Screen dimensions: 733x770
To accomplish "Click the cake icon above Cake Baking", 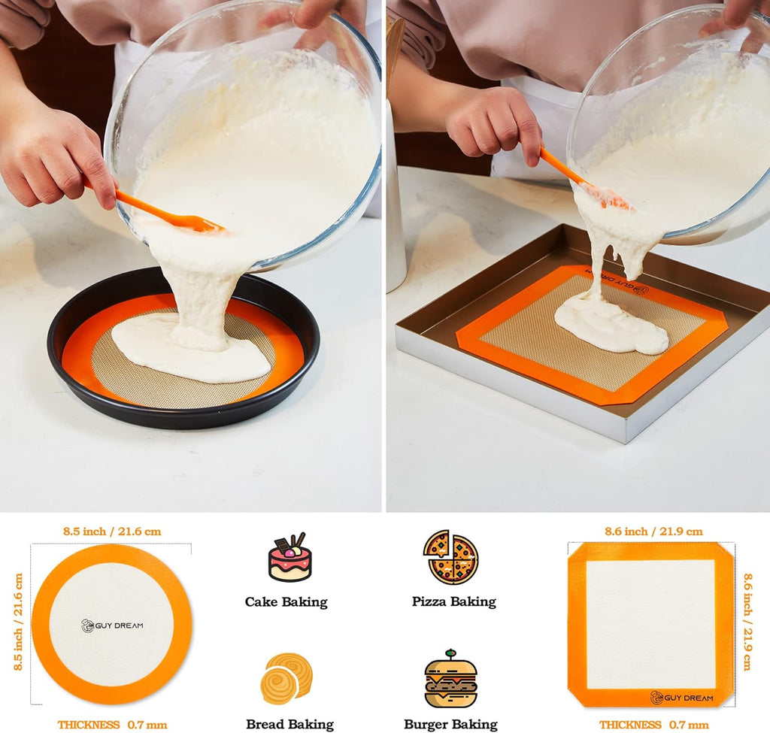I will click(x=290, y=557).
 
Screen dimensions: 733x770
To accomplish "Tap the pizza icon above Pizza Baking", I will click(x=451, y=557).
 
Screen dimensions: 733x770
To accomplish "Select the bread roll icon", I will click(x=286, y=678).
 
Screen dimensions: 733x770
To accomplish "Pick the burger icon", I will click(x=450, y=680).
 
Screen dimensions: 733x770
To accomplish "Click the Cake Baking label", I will click(x=286, y=601).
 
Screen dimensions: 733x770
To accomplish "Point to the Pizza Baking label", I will click(x=454, y=601).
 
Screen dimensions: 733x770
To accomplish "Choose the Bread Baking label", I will click(x=290, y=725).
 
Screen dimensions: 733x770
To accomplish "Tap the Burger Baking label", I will click(x=450, y=725).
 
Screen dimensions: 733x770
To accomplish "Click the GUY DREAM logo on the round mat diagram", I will click(x=112, y=625).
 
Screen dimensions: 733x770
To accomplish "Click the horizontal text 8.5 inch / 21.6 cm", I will click(x=112, y=532).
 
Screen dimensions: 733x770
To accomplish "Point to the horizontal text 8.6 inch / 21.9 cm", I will click(x=653, y=532).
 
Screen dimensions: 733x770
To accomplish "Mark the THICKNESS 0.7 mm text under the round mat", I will click(x=112, y=725).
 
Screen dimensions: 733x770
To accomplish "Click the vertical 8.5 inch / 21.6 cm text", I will click(x=19, y=622).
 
